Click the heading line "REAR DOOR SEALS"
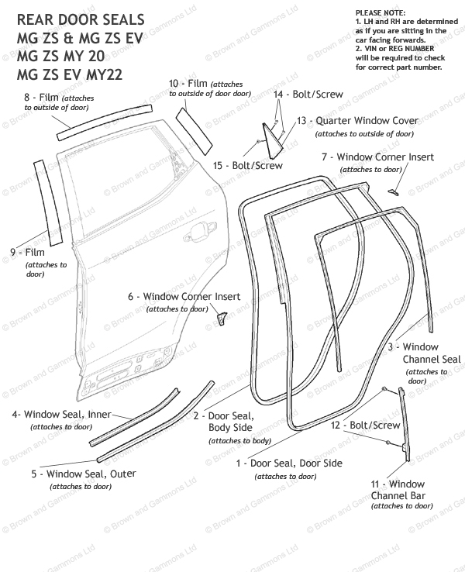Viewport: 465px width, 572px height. point(69,19)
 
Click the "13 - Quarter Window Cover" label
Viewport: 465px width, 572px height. point(357,121)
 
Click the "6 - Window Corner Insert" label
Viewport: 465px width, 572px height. point(184,297)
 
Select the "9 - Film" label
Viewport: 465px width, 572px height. point(28,253)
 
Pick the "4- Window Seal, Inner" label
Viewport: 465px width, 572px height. point(62,415)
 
